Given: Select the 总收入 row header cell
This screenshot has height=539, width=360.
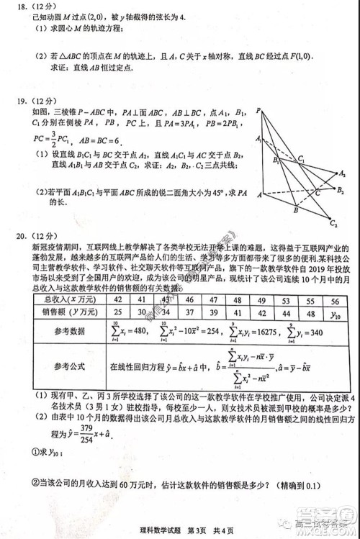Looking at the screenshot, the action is click(69, 299).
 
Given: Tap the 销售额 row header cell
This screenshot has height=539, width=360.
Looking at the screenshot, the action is click(69, 313).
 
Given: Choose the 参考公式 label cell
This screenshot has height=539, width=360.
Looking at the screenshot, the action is click(69, 367).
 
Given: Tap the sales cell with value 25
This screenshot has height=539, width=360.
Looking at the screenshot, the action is click(117, 313).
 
